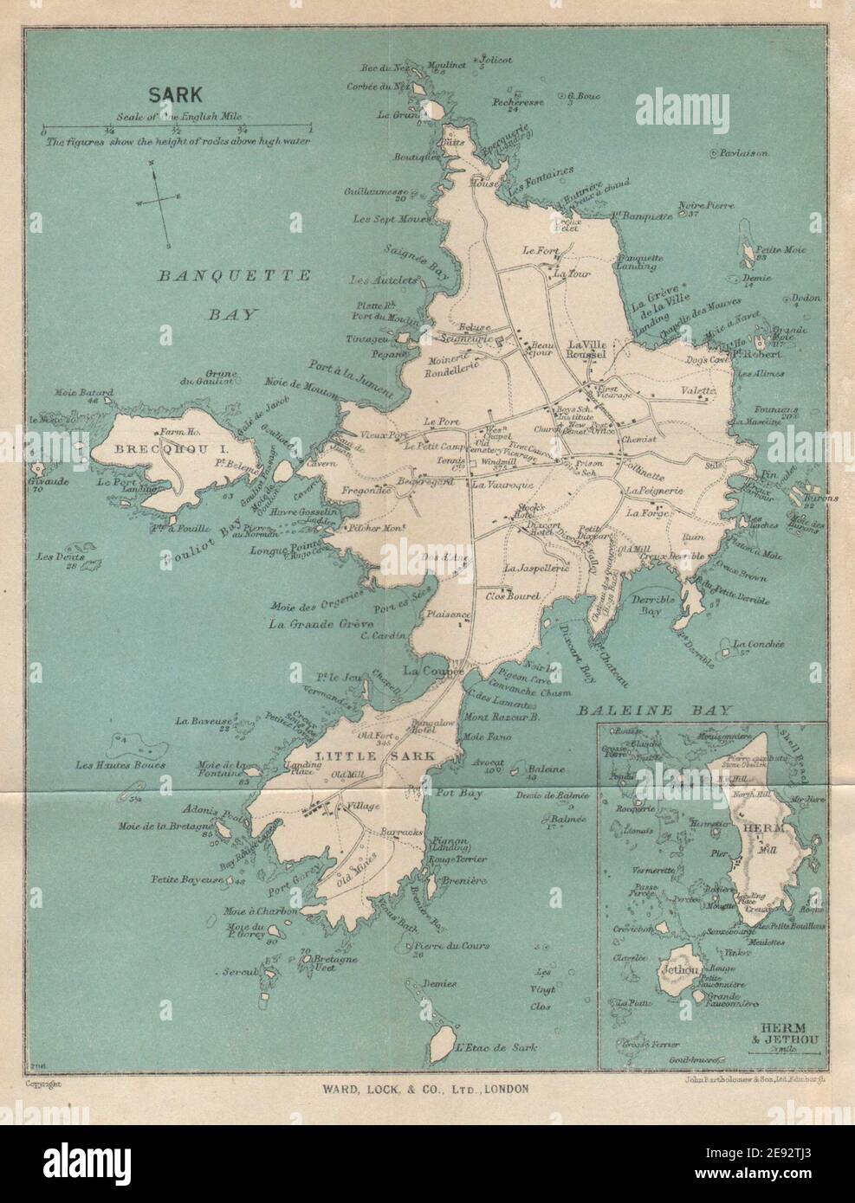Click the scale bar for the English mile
177,129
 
